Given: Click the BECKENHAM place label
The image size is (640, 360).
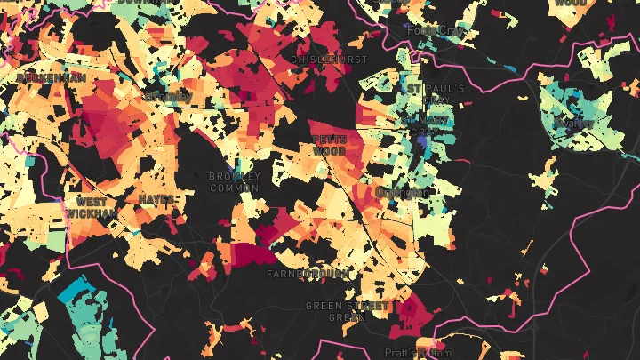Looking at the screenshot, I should pos(51,78).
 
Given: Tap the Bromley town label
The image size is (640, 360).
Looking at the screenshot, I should pos(167,96).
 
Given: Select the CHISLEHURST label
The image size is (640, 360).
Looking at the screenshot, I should pos(329,60).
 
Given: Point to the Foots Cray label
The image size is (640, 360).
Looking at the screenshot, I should pos(436,30).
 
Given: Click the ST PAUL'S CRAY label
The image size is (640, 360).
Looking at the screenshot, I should pos(436,95).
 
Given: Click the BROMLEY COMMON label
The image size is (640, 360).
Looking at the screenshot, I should pos(235,181).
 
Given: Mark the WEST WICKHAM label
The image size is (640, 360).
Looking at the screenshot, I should pos(92,207).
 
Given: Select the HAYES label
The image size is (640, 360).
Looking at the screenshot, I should pos(156,199).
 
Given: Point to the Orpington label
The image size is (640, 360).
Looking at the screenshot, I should pos(402,192).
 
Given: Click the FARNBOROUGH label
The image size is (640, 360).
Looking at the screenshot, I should pos(308,274).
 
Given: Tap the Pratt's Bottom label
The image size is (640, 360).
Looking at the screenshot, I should pos(418,353).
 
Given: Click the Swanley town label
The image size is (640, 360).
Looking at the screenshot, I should pos(572,123).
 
